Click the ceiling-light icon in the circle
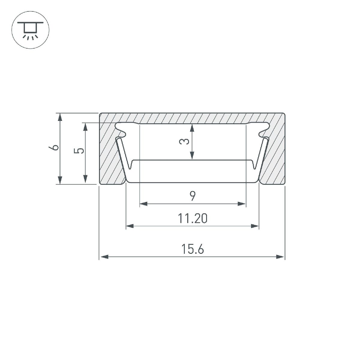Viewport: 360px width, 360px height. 30,30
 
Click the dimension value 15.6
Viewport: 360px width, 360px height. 192,249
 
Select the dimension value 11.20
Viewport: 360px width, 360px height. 192,219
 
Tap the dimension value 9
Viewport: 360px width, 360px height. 193,196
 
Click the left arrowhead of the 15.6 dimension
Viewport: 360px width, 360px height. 104,257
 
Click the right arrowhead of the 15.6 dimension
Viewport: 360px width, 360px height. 280,257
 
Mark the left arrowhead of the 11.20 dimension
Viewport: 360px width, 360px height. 130,226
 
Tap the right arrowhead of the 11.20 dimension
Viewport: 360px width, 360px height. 255,226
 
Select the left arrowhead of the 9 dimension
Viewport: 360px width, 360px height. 144,204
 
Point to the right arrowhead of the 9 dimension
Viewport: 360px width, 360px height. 242,204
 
